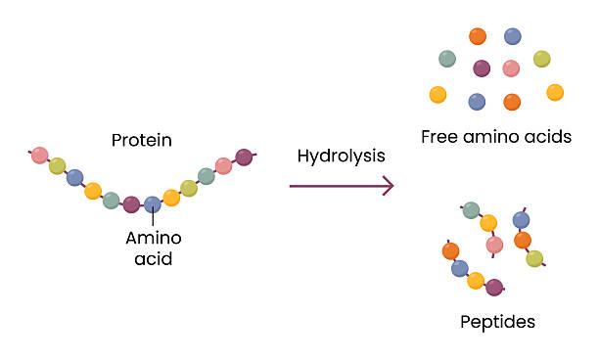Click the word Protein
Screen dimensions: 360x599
[142, 140]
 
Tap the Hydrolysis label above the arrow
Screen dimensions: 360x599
[341, 156]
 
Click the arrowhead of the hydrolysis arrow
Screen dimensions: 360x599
[389, 185]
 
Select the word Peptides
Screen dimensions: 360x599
[498, 321]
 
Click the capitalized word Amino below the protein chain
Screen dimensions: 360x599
[154, 238]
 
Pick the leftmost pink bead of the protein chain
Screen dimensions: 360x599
[39, 155]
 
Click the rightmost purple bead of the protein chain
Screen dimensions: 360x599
[244, 157]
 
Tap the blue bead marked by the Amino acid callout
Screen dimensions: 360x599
[152, 204]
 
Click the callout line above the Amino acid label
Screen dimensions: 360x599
[153, 220]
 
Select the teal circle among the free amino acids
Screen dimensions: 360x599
[447, 59]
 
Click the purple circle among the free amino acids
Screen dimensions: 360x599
[482, 68]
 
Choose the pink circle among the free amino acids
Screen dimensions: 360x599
[511, 68]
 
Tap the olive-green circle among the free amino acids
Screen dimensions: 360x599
[541, 59]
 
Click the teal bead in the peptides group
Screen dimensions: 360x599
[471, 210]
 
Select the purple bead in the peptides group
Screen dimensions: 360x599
[494, 288]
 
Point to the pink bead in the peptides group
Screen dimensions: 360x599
[494, 244]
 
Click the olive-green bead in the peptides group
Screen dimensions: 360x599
[534, 258]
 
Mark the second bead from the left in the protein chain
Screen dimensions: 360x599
[58, 165]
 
